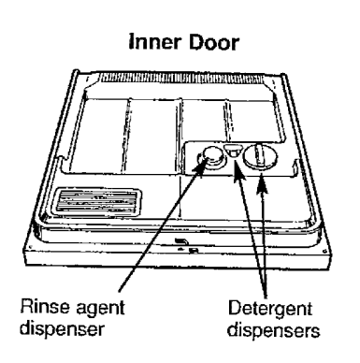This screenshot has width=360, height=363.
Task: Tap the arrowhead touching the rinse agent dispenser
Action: click(200, 168)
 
